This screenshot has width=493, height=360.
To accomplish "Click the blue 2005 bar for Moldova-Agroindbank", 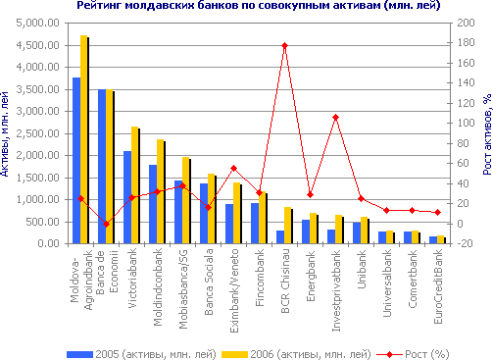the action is tap(76, 161).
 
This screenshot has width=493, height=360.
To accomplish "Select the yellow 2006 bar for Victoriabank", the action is tap(135, 185).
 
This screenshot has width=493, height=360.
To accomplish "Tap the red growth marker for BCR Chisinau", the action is tap(284, 45).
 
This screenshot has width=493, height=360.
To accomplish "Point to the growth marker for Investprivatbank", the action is tap(335, 117).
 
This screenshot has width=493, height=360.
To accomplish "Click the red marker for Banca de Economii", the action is tap(106, 224).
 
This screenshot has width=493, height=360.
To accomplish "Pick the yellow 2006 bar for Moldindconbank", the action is tap(161, 191).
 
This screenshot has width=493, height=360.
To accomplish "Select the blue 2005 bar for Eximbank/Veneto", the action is tap(229, 224).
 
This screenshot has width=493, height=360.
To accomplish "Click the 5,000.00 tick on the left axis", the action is tap(38, 24).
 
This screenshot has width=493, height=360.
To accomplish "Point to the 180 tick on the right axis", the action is tap(466, 43).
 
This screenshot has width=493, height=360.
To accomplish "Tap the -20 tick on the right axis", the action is tap(466, 243).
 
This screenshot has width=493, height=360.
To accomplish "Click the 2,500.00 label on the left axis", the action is tap(38, 133).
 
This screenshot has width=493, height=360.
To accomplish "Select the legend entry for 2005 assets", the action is tap(141, 354).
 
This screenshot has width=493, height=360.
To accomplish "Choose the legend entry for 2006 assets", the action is tap(296, 354).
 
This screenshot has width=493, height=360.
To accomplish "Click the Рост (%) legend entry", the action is tap(413, 354).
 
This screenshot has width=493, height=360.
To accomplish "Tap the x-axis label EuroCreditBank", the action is tap(438, 286).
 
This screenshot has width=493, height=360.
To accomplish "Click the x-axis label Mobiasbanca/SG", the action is tap(183, 289).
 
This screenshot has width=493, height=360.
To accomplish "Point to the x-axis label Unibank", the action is tap(362, 270).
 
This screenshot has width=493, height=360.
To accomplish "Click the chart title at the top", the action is tap(259, 5).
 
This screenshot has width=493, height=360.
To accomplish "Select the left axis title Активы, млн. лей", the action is tap(4, 134).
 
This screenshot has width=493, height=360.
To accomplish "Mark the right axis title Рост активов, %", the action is tap(487, 134).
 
